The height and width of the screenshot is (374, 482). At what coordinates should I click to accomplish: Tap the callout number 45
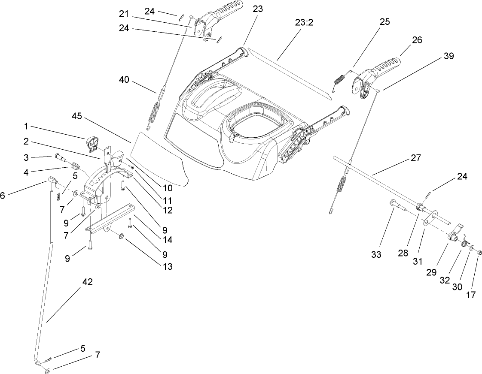coord(77,117)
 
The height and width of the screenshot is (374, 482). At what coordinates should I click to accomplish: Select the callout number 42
coord(87,282)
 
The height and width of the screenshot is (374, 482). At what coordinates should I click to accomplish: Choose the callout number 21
coord(124,14)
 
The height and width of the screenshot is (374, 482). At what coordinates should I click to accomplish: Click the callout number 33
coord(376,254)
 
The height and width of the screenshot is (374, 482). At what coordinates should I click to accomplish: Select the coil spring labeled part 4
coord(75,165)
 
